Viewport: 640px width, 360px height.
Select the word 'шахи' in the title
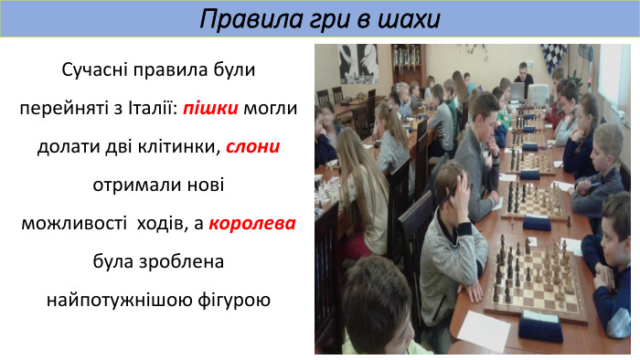click(408, 18)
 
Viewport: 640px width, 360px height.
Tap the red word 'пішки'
click(211, 108)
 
